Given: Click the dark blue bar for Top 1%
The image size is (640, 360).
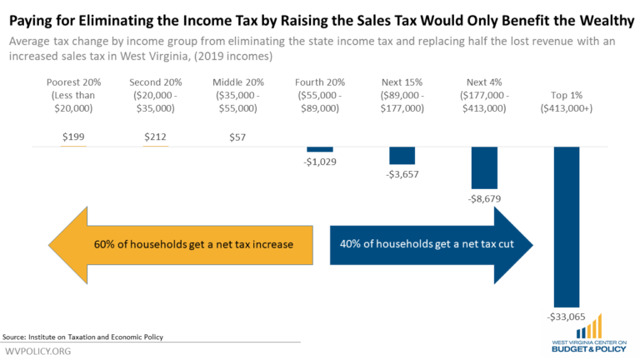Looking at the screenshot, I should pyautogui.click(x=566, y=227).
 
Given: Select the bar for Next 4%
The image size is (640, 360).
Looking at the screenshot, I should pyautogui.click(x=484, y=168).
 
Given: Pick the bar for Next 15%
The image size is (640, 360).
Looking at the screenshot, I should pyautogui.click(x=402, y=156).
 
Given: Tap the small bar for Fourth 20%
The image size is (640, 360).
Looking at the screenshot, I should pyautogui.click(x=319, y=149).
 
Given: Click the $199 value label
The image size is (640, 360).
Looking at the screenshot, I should pyautogui.click(x=73, y=137).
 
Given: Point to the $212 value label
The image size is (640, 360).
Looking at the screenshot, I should pyautogui.click(x=155, y=137).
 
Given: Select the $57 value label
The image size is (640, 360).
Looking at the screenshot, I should pyautogui.click(x=237, y=137).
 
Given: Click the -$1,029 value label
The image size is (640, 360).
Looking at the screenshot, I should pyautogui.click(x=320, y=162).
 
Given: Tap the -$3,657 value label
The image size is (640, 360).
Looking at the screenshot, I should pyautogui.click(x=402, y=175).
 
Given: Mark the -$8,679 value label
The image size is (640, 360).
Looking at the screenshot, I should pyautogui.click(x=484, y=199).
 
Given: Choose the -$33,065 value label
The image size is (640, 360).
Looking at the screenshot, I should pyautogui.click(x=566, y=318).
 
